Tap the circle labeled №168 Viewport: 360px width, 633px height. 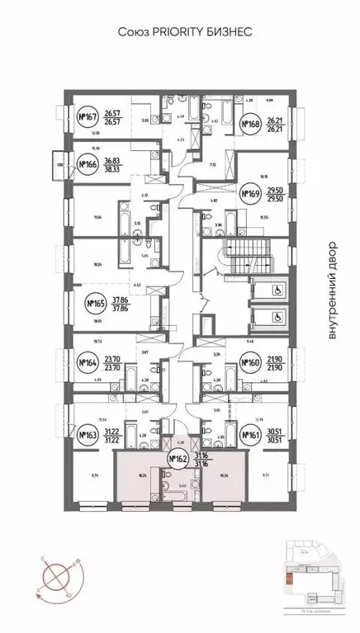point(251,125)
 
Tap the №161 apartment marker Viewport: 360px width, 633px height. point(250,433)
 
